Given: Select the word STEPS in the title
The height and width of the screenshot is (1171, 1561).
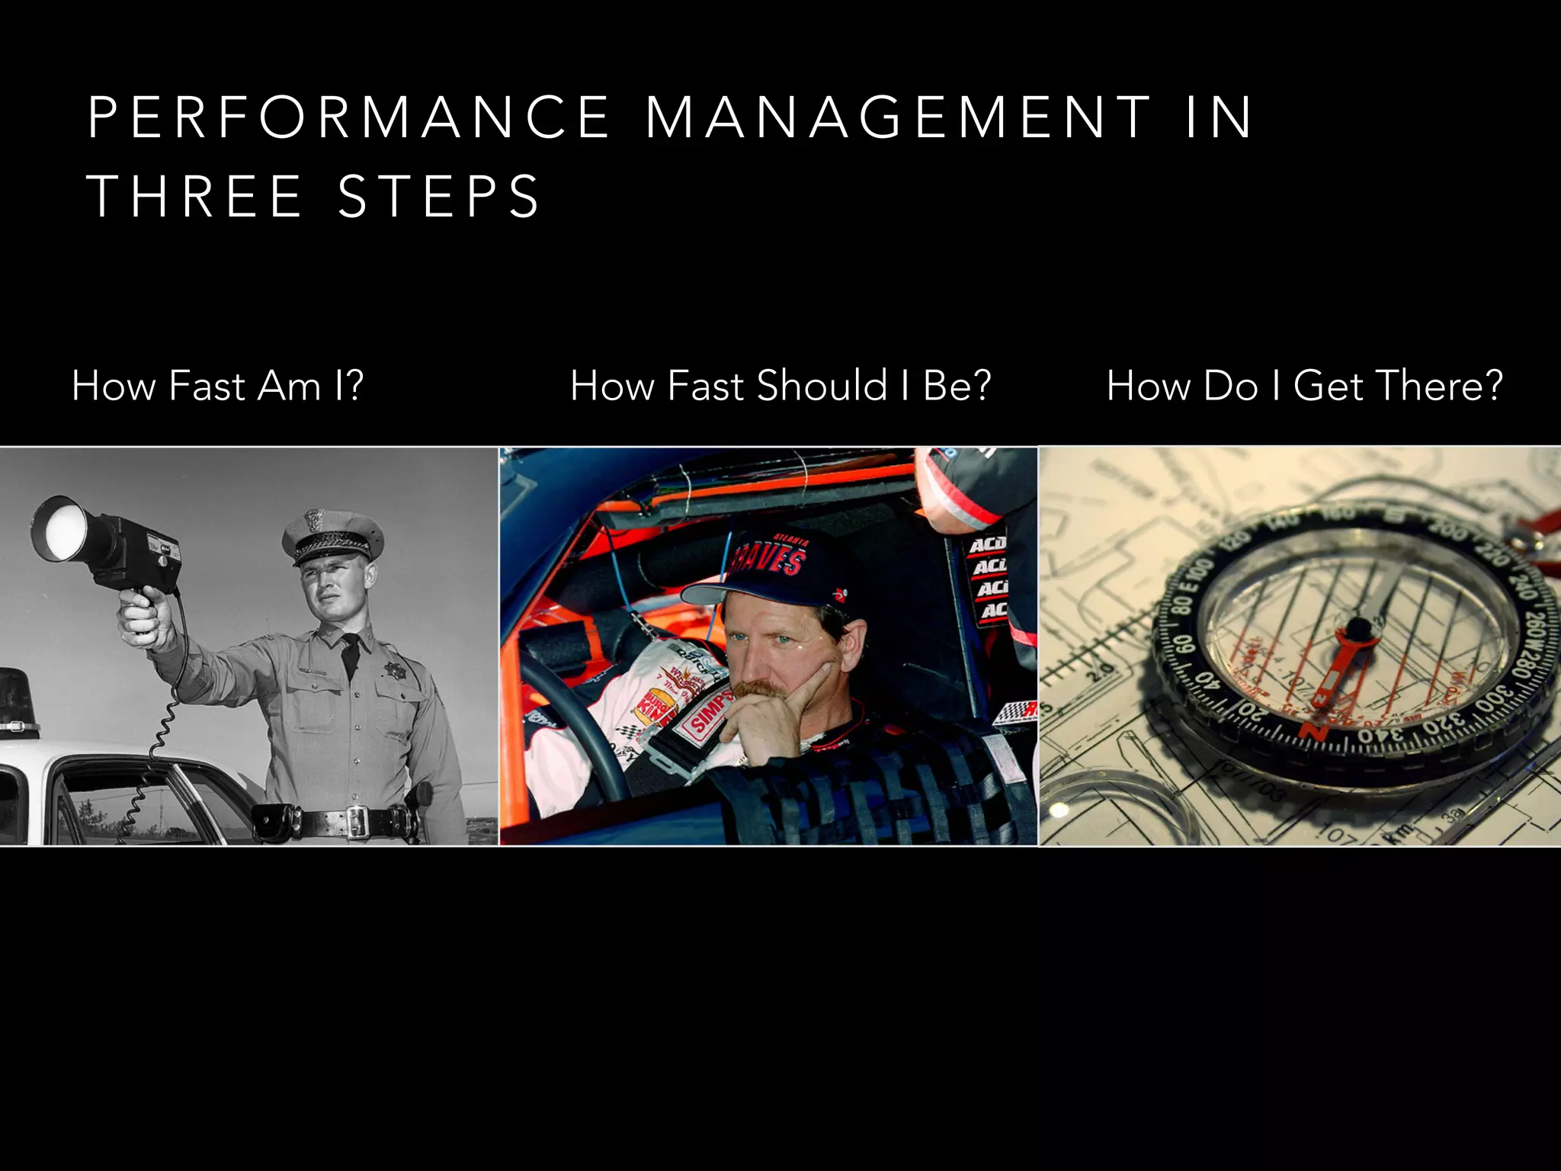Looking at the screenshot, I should (439, 197).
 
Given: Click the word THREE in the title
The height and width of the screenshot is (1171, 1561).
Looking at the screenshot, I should (195, 197).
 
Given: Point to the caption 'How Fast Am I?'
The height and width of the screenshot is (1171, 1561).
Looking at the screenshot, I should (217, 386).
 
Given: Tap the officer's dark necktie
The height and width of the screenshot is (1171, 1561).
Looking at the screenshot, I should (350, 654).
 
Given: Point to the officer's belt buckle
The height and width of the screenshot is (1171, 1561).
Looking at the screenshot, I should (357, 820).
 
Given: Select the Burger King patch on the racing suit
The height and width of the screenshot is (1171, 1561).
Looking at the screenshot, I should (657, 709).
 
